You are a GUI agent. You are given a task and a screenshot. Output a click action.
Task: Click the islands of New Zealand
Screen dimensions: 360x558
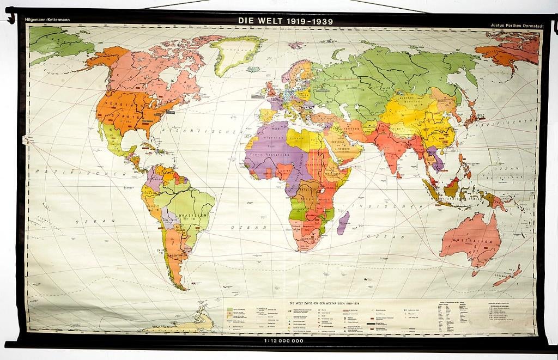(509, 275)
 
